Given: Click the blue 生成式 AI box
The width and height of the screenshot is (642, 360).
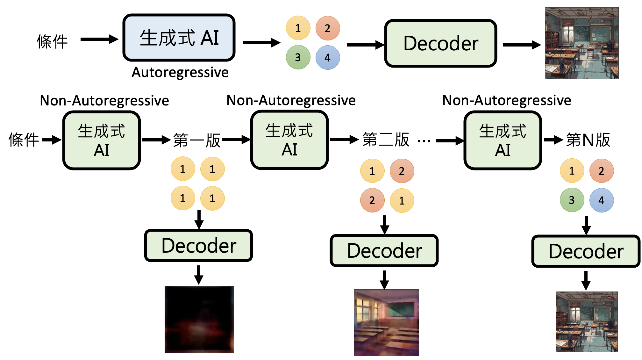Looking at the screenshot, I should point(179,38).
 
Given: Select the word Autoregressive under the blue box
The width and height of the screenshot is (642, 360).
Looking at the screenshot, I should point(180,72).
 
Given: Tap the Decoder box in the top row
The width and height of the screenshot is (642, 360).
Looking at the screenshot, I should point(441,43).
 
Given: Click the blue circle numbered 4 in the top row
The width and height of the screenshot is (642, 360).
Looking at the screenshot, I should point(328,57).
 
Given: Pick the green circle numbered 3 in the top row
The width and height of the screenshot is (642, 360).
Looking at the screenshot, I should point(298,57).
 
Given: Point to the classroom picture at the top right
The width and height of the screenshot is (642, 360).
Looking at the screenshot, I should point(581,43).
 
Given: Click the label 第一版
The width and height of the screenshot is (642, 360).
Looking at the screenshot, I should point(197,140).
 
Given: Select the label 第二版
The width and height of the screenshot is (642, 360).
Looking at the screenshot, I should point(386,140).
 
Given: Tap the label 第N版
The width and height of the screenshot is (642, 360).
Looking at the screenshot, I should point(588,140).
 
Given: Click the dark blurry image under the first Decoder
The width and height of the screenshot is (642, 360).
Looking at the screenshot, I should point(199,319).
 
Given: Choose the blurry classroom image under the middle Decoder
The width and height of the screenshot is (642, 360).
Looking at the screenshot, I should point(386,322).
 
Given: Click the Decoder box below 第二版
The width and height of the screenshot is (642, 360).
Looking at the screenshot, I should point(384,251).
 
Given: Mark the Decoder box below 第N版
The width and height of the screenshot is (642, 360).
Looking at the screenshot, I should point(586,251).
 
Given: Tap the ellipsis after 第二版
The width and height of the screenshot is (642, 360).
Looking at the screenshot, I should point(424,140).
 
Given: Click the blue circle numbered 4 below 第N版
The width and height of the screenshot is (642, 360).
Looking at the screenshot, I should point(602,200).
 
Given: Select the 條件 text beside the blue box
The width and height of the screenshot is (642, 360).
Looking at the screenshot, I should point(52,41).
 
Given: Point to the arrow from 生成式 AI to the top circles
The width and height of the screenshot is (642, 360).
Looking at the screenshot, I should point(261,43).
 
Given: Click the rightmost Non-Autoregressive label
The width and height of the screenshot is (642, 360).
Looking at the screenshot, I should point(507,100).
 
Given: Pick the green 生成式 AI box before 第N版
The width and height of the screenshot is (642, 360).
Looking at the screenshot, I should point(503,140).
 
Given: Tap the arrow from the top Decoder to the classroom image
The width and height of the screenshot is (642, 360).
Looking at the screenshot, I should point(522,45).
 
